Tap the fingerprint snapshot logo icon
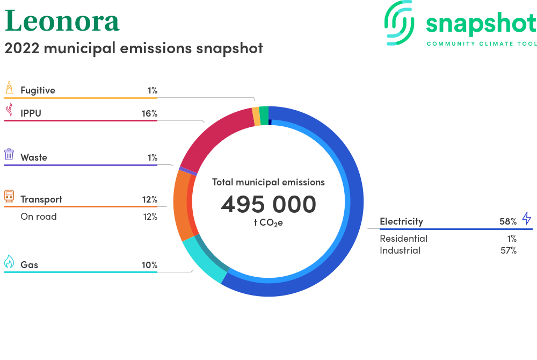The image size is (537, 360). pos(400,23)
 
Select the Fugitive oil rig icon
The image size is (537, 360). pos(9,88)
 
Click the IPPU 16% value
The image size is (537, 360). pos(149,113)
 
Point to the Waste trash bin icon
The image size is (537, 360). pos(9,155)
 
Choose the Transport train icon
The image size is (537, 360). pos(9,196)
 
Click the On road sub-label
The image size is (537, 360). pos(38,217)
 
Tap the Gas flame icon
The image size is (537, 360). pos(9,261)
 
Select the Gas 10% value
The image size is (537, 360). pos(149,265)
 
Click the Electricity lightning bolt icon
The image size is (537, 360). pos(526,218)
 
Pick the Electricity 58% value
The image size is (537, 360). pos(508,221)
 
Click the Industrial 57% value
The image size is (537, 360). pos(508,250)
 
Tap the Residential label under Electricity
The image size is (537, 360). pos(403,239)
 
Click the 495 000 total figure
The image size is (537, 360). pos(268,204)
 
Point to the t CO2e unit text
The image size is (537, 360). pos(268,223)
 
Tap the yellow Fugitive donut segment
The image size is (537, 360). pos(256,117)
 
